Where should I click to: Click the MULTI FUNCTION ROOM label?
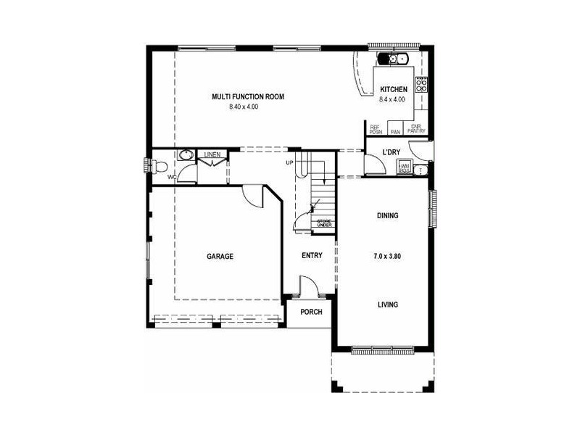(247, 96)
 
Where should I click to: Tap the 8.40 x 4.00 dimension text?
(244, 107)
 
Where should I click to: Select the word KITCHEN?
(394, 89)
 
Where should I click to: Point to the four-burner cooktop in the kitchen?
(421, 84)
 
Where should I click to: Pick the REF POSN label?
(376, 130)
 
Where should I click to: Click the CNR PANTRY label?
(416, 130)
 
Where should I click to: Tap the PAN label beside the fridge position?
(396, 132)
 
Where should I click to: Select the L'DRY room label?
(391, 152)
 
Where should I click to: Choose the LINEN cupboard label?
(212, 154)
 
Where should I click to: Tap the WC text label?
(172, 176)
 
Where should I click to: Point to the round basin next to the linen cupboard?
(186, 155)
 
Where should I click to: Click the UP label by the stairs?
(289, 162)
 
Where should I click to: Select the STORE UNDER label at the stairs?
(324, 223)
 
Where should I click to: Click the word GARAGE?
(220, 256)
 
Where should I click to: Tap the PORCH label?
(311, 312)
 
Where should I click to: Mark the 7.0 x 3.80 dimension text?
(388, 257)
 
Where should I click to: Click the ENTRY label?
(312, 255)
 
